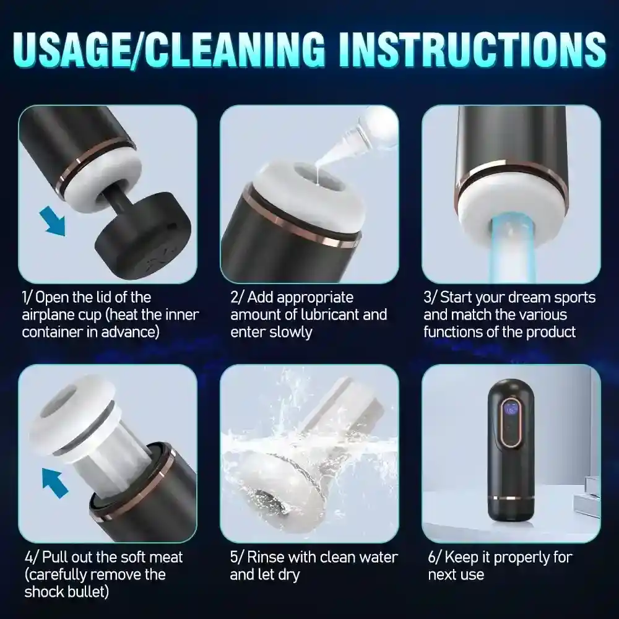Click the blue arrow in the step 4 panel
coord(55,483)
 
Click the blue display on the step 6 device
coord(512,409)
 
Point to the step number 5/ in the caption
coord(237,558)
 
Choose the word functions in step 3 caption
coord(454,331)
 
